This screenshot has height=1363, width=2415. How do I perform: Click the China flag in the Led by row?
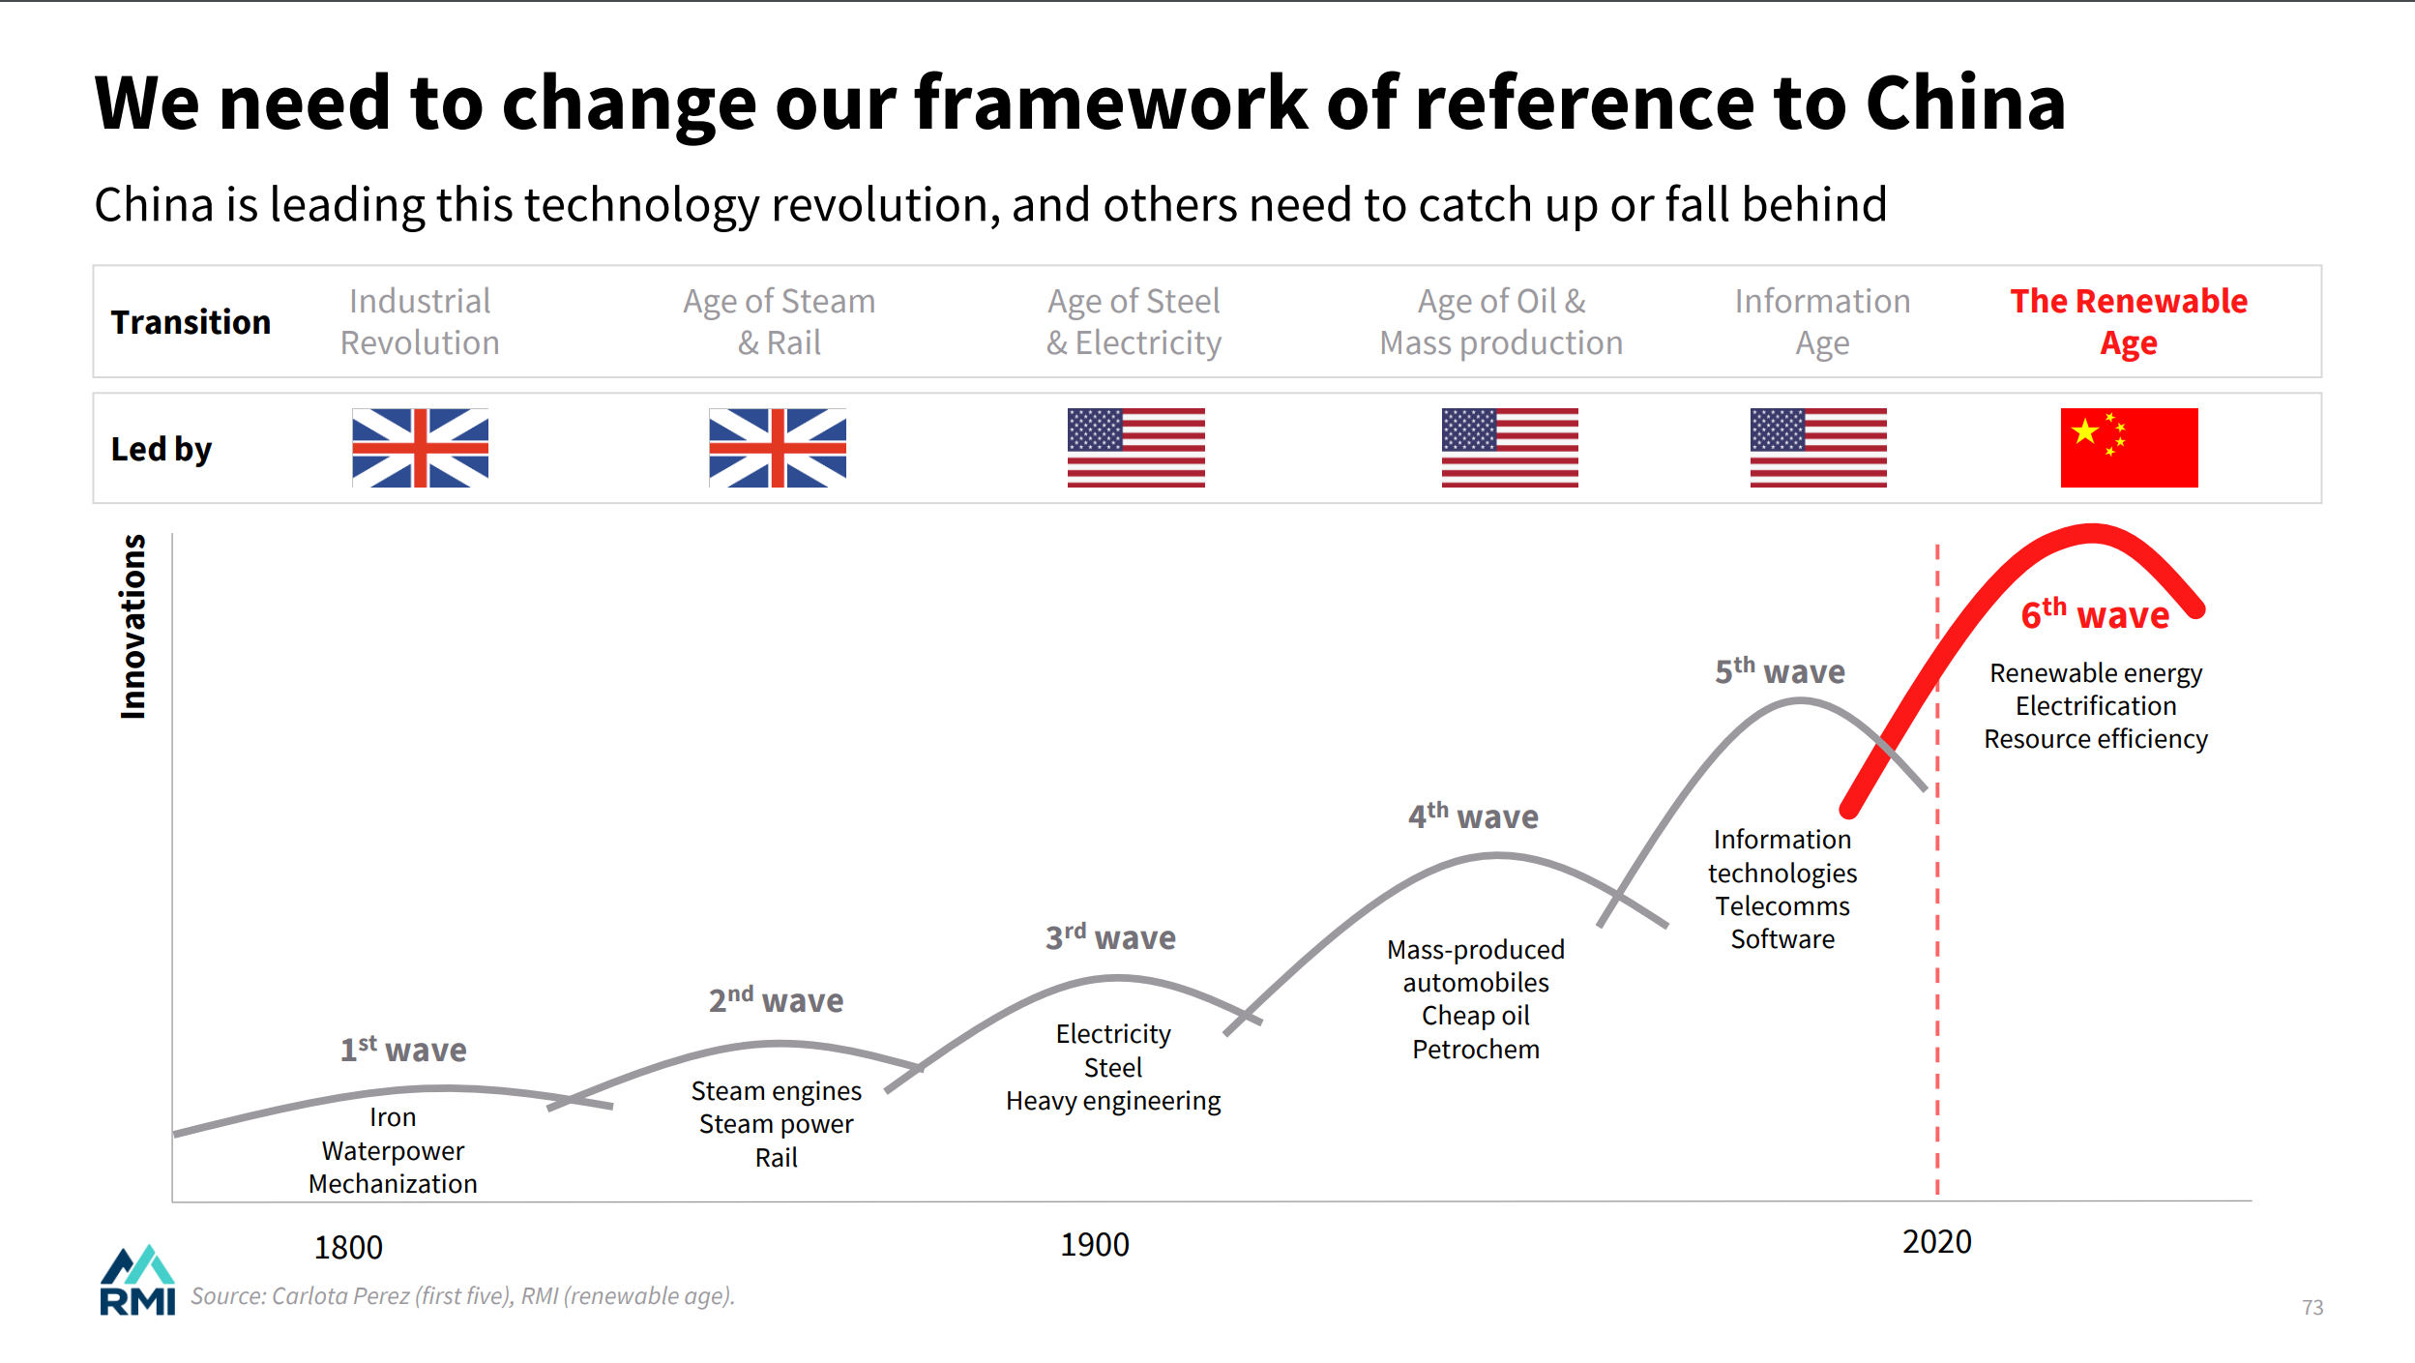pyautogui.click(x=2129, y=448)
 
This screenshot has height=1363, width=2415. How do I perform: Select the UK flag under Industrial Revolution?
pyautogui.click(x=420, y=448)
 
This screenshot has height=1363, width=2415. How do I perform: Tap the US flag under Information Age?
pyautogui.click(x=1817, y=448)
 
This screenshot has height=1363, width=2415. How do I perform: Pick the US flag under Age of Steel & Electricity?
pyautogui.click(x=1135, y=448)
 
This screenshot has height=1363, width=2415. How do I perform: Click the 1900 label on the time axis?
pyautogui.click(x=1094, y=1245)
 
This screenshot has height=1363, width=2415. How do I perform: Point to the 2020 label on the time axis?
pyautogui.click(x=1936, y=1242)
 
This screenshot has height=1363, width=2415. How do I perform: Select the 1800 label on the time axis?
pyautogui.click(x=348, y=1248)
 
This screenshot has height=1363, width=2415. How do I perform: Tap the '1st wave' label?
pyautogui.click(x=403, y=1050)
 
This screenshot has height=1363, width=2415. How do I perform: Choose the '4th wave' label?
pyautogui.click(x=1473, y=816)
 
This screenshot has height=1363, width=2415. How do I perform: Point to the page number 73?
pyautogui.click(x=2312, y=1308)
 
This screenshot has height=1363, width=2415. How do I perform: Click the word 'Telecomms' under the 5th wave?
pyautogui.click(x=1782, y=906)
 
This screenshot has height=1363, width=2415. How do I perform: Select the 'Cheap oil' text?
pyautogui.click(x=1475, y=1016)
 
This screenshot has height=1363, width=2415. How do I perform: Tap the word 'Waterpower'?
pyautogui.click(x=393, y=1151)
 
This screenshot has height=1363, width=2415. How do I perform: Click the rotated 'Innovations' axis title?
pyautogui.click(x=133, y=627)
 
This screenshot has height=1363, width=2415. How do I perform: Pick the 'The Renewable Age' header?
pyautogui.click(x=2129, y=321)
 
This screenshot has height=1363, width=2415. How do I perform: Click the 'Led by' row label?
pyautogui.click(x=162, y=449)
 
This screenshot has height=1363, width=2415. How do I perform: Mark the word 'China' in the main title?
pyautogui.click(x=1965, y=104)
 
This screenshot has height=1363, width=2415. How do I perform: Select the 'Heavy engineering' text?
pyautogui.click(x=1113, y=1101)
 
